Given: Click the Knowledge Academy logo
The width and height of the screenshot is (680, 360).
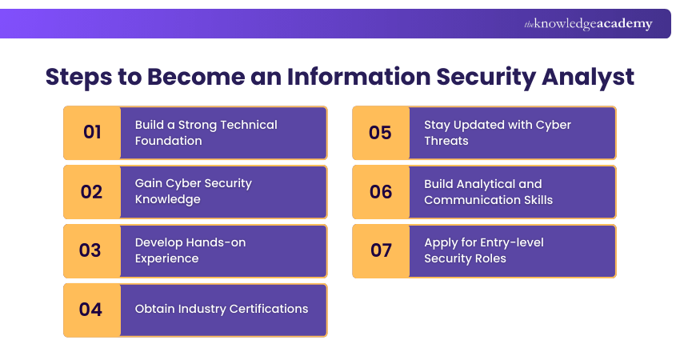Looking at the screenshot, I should pyautogui.click(x=588, y=24).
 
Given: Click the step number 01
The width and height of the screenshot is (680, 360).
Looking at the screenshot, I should pyautogui.click(x=92, y=133).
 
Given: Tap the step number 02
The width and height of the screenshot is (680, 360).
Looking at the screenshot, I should pyautogui.click(x=92, y=191).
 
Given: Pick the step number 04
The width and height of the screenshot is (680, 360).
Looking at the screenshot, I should pyautogui.click(x=91, y=310).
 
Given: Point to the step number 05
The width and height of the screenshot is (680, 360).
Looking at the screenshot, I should pyautogui.click(x=380, y=133).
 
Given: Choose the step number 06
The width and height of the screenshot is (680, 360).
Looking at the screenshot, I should pyautogui.click(x=381, y=191).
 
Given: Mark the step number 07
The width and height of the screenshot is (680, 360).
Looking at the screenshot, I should pyautogui.click(x=381, y=250).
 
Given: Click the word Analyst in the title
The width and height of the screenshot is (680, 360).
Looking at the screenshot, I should pyautogui.click(x=588, y=77).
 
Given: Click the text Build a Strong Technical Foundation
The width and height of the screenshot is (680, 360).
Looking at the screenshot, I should pyautogui.click(x=206, y=133).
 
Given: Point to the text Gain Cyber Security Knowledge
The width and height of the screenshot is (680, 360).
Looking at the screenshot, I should pyautogui.click(x=193, y=191).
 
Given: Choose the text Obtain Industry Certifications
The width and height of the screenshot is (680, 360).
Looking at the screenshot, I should pyautogui.click(x=221, y=309).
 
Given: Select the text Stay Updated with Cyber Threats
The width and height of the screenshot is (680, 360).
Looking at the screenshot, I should pyautogui.click(x=498, y=133).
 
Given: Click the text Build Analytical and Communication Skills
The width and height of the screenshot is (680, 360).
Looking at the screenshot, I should pyautogui.click(x=488, y=191).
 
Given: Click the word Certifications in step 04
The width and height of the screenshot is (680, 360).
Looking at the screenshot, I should pyautogui.click(x=269, y=309).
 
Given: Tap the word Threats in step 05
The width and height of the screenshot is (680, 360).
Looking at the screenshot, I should pyautogui.click(x=446, y=141).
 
